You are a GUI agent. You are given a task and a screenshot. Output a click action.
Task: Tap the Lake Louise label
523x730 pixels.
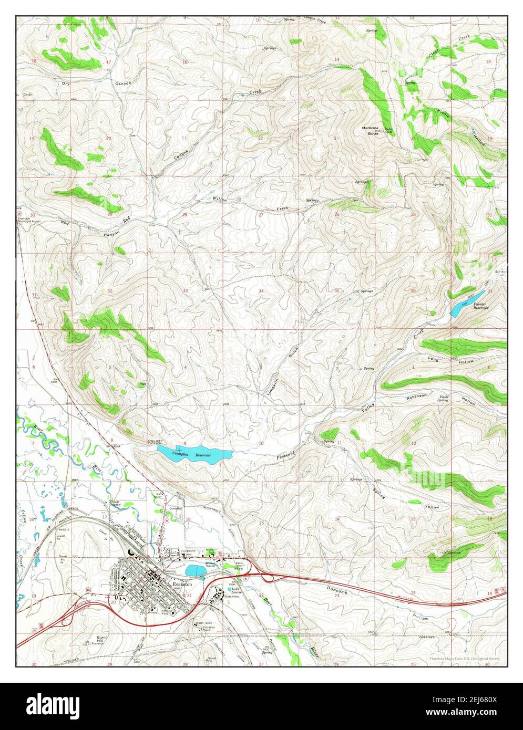tap(232, 590)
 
